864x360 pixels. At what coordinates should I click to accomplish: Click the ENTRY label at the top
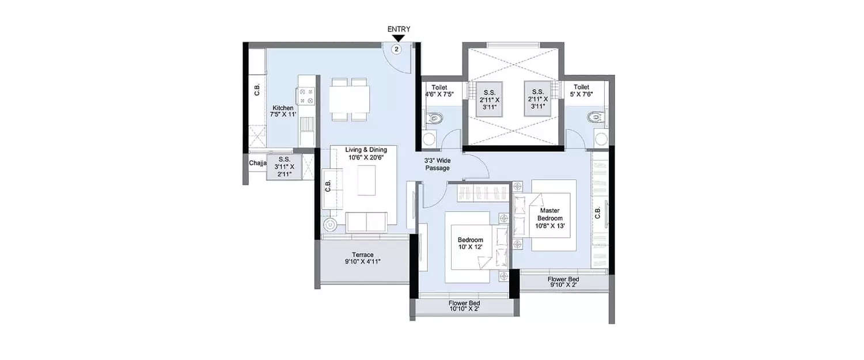tap(398, 29)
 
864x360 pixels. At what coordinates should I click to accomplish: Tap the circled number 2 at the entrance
tap(397, 49)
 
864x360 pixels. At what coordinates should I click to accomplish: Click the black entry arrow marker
tap(398, 39)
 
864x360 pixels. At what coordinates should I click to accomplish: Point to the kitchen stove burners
tap(305, 95)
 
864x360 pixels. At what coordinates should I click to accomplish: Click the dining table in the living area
tap(350, 99)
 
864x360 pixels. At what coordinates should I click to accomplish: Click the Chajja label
tap(257, 164)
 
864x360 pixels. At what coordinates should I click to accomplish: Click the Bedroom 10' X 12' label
tap(470, 243)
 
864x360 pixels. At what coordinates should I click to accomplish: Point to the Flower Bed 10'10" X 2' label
tap(464, 306)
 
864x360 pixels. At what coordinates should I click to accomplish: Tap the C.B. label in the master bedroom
tap(598, 213)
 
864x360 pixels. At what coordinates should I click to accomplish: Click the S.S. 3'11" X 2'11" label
tap(284, 166)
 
